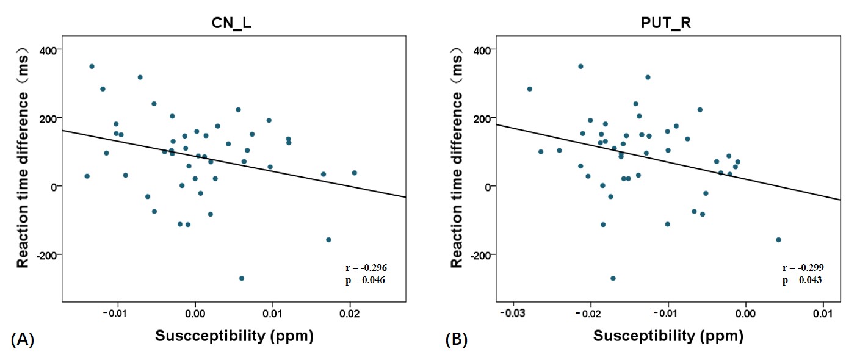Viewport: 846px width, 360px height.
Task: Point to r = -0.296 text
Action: (366, 268)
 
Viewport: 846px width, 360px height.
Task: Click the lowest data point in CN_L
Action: (242, 278)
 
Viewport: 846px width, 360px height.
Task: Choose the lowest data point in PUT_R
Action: (613, 278)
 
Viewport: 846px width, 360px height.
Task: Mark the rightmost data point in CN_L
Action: (354, 173)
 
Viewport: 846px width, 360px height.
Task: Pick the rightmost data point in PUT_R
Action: (778, 240)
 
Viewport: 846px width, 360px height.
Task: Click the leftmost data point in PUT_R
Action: (529, 89)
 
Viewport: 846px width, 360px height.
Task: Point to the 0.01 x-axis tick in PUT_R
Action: (823, 313)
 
